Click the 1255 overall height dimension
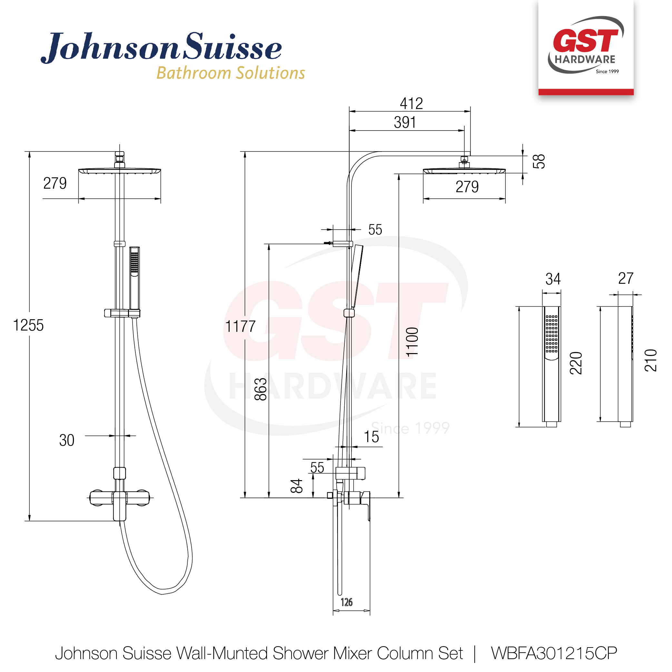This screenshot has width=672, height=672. click(28, 326)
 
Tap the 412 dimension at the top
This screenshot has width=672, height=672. click(411, 104)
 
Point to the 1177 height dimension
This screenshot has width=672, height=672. click(240, 327)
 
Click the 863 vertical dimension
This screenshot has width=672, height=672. click(261, 389)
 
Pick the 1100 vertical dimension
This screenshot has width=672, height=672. click(412, 341)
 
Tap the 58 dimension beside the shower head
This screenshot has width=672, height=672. click(539, 162)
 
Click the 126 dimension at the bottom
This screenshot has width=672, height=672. click(346, 602)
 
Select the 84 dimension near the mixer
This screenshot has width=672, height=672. click(297, 486)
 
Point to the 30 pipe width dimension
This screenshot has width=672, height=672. click(67, 440)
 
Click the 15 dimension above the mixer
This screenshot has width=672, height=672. click(371, 437)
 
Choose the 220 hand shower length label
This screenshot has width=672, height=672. click(576, 363)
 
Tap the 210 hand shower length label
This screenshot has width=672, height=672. click(651, 361)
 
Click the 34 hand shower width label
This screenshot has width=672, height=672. click(553, 279)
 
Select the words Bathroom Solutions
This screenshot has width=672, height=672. click(231, 73)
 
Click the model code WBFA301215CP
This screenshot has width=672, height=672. click(554, 653)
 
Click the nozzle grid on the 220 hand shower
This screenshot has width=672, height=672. click(552, 334)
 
